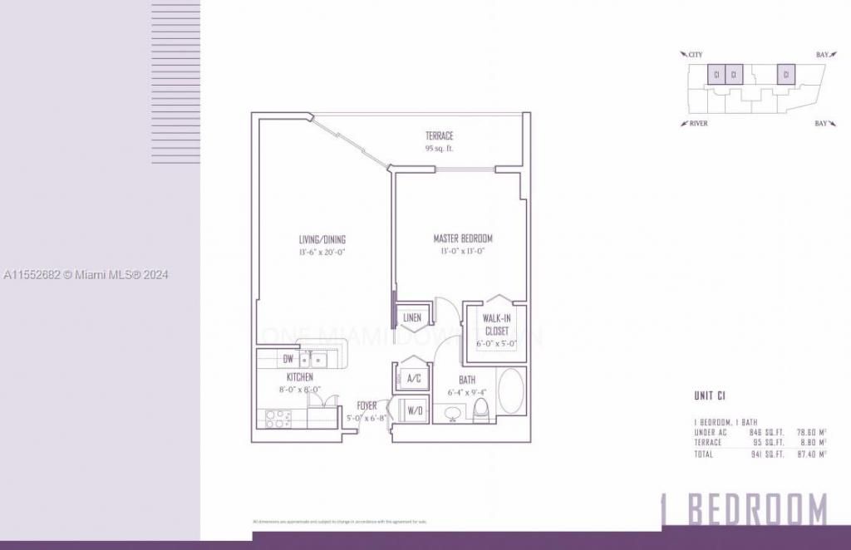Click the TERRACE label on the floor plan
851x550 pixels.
pyautogui.click(x=440, y=135)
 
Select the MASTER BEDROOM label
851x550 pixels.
pyautogui.click(x=463, y=238)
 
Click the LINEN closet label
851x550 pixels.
pyautogui.click(x=412, y=317)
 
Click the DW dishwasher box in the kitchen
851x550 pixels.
pyautogui.click(x=288, y=360)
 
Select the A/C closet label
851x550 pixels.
pyautogui.click(x=413, y=378)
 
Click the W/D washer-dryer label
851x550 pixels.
pyautogui.click(x=414, y=410)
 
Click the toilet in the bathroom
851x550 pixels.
pyautogui.click(x=480, y=410)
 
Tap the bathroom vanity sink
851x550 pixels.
pyautogui.click(x=453, y=412)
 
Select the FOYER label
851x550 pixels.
pyautogui.click(x=366, y=405)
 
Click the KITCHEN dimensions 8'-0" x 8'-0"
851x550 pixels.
pyautogui.click(x=301, y=388)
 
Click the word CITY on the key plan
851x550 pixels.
pyautogui.click(x=695, y=55)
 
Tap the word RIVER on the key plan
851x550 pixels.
pyautogui.click(x=698, y=124)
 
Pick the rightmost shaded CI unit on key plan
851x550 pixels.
pyautogui.click(x=785, y=74)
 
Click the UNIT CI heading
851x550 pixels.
pyautogui.click(x=715, y=395)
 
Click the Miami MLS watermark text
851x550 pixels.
pyautogui.click(x=86, y=275)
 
